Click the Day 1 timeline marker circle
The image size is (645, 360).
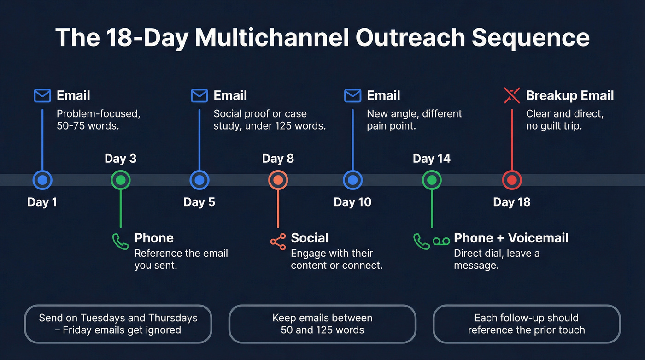(x=42, y=180)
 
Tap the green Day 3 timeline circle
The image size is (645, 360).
(x=121, y=180)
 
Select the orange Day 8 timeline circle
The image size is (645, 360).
(x=278, y=180)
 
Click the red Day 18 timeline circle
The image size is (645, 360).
(x=511, y=180)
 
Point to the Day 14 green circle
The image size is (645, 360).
(x=432, y=180)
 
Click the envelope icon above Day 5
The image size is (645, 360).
(x=199, y=96)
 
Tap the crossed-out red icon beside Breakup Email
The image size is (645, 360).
(x=512, y=96)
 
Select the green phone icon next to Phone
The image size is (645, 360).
(x=120, y=241)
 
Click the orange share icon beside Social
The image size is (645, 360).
(x=277, y=241)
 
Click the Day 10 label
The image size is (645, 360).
(x=352, y=202)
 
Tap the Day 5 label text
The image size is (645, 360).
(x=199, y=202)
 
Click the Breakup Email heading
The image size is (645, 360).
(x=570, y=95)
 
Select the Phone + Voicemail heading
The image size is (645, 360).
(x=511, y=238)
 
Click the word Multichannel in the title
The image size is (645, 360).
(x=272, y=38)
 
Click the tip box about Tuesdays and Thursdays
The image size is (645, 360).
(x=118, y=324)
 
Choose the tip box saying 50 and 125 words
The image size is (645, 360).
(x=322, y=324)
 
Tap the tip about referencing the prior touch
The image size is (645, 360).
(x=527, y=324)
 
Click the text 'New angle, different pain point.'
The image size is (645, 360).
(x=414, y=119)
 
